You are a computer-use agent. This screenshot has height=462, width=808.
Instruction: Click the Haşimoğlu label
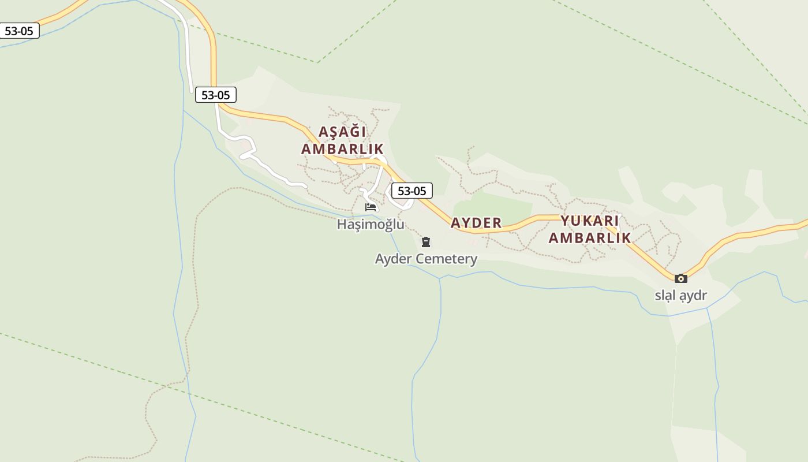point(371,224)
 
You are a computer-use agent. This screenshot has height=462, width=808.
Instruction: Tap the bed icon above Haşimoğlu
point(371,207)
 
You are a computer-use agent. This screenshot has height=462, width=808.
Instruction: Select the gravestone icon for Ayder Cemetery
point(426,242)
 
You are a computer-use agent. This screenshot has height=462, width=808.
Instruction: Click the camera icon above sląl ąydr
point(681,278)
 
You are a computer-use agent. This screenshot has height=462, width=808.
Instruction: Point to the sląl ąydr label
point(680,296)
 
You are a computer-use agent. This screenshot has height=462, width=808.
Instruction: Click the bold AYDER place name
point(476,223)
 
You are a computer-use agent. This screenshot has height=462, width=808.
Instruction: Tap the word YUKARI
point(590,221)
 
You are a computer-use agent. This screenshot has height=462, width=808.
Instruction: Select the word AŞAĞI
point(342,132)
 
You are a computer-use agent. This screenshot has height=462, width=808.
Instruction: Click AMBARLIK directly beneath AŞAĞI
point(342,148)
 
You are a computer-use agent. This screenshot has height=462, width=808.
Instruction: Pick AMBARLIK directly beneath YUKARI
point(590,237)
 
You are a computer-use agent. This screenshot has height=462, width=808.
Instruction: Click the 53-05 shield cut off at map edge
point(19,31)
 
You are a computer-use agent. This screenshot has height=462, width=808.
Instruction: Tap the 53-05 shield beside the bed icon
point(412,191)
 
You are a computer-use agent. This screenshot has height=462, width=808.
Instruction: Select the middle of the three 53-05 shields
point(216,95)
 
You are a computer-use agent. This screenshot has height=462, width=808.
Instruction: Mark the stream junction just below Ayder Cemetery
point(440,278)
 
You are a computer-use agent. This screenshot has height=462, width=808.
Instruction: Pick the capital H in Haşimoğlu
point(342,224)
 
